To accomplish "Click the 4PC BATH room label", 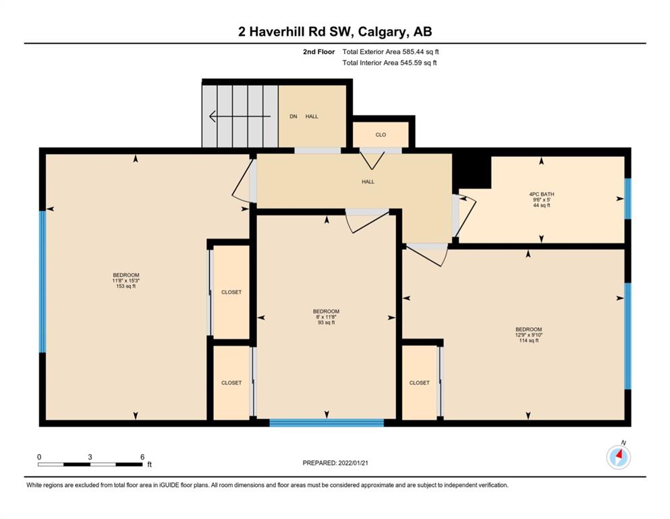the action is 541,194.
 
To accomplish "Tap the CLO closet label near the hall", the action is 381,134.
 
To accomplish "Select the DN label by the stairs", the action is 293,116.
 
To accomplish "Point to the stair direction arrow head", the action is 212,116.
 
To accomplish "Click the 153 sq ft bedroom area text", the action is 126,287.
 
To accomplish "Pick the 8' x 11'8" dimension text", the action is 326,317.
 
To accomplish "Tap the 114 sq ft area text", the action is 528,341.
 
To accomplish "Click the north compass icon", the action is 618,458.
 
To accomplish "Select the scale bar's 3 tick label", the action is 90,457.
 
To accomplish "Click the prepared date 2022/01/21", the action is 353,463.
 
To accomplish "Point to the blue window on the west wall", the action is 43,282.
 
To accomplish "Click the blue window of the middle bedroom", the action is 327,423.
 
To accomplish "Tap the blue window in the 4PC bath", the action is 627,199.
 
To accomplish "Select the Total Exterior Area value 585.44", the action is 414,52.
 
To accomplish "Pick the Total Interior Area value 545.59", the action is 412,63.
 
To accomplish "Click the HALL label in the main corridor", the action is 368,182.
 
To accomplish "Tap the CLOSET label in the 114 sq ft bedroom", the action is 419,383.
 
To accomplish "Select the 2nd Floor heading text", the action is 318,52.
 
